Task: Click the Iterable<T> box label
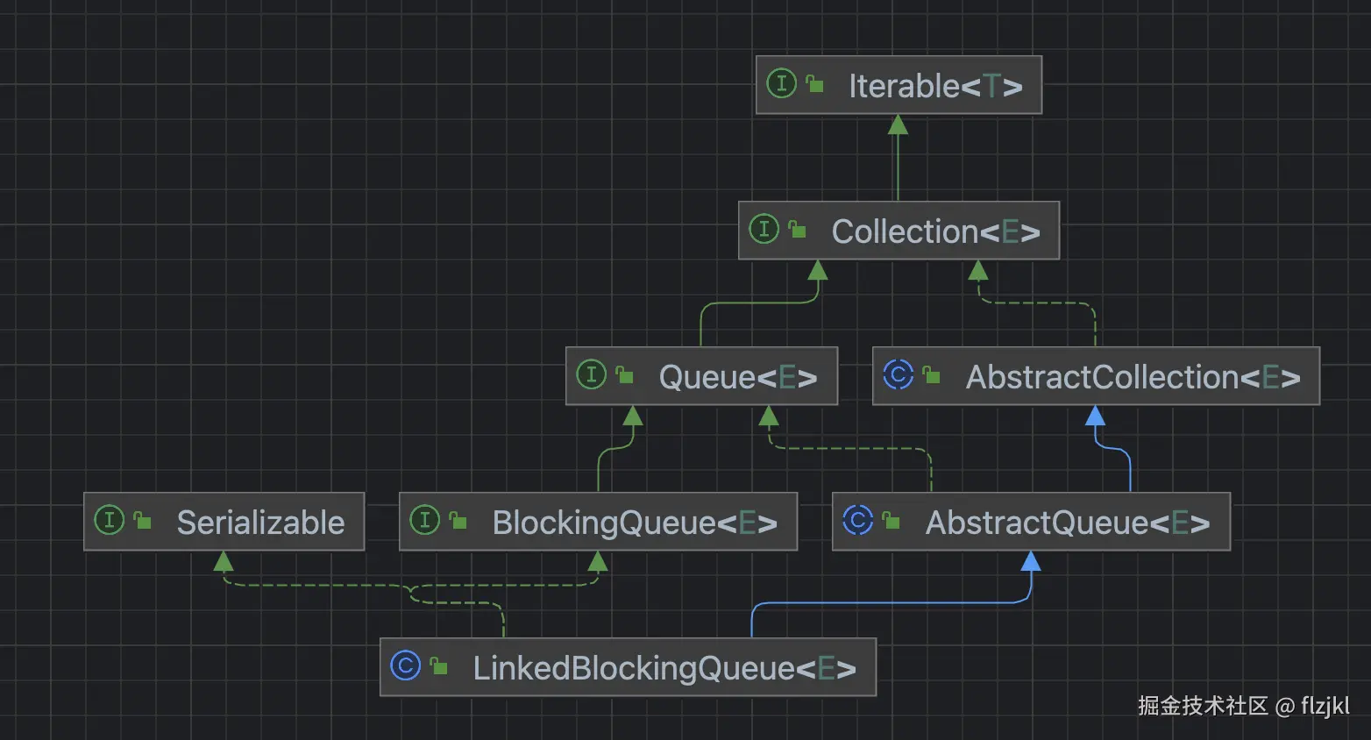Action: [934, 86]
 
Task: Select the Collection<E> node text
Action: [934, 231]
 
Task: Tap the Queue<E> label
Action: [737, 377]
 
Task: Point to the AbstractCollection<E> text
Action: [1133, 377]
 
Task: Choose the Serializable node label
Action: [260, 523]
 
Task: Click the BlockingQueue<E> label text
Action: [634, 523]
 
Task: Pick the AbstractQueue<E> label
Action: [1067, 523]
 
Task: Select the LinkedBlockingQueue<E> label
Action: [664, 668]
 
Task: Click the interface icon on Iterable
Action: [781, 83]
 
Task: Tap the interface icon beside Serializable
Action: [109, 520]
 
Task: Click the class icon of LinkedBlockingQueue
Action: [405, 665]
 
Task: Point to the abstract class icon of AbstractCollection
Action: [899, 374]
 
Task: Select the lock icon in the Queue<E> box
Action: [625, 375]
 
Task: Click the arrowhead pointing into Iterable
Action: [898, 125]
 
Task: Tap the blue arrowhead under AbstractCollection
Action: [1095, 416]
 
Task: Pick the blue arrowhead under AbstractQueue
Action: [1031, 561]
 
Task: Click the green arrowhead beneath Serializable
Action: [224, 561]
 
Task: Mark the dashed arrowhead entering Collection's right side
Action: [978, 271]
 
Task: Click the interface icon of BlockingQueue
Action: [424, 520]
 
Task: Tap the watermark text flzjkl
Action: [1325, 706]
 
